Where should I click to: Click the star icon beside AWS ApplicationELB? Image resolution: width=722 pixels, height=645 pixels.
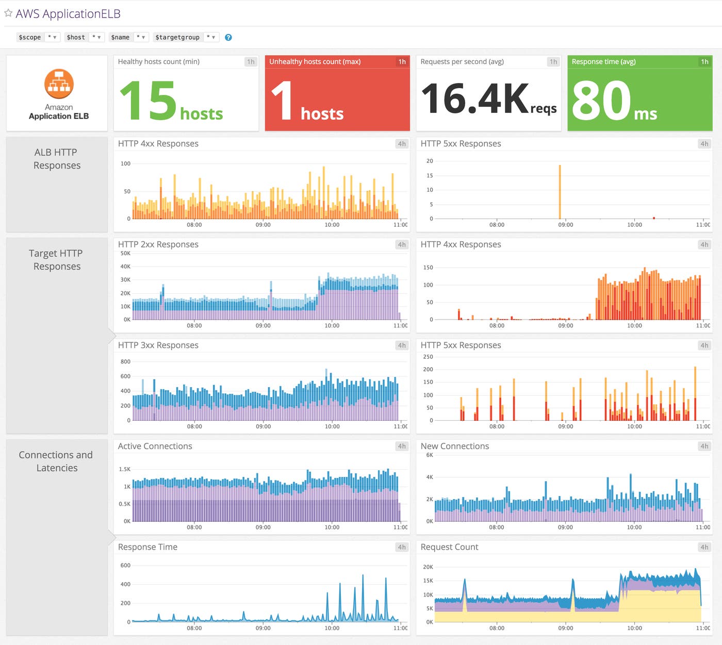[8, 13]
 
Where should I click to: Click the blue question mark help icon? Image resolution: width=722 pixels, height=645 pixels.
[228, 37]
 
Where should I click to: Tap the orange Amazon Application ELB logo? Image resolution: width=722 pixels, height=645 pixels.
[59, 84]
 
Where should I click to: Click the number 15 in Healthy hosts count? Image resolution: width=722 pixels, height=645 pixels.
[149, 101]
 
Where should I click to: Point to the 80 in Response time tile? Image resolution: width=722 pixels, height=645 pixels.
[601, 101]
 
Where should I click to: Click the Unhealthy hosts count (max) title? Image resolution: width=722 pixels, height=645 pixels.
[315, 62]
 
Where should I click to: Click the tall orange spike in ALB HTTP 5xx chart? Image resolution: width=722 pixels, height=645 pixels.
[560, 191]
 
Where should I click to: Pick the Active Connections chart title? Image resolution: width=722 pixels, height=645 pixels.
[155, 446]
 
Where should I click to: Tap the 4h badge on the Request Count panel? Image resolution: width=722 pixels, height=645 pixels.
[704, 547]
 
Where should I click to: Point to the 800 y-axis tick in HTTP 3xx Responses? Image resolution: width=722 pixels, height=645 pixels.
[125, 361]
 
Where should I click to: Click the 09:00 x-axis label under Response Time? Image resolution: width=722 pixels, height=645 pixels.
[263, 628]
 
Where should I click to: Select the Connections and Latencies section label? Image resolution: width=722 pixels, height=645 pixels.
[56, 461]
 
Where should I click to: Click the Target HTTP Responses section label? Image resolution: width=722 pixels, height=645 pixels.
[56, 260]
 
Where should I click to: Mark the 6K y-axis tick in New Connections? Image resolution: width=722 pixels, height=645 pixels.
[430, 455]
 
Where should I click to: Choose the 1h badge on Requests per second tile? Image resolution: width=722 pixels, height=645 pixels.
[553, 62]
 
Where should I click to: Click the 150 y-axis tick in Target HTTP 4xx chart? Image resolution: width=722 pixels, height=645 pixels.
[428, 268]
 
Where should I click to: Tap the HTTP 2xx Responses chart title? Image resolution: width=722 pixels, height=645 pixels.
[158, 245]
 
